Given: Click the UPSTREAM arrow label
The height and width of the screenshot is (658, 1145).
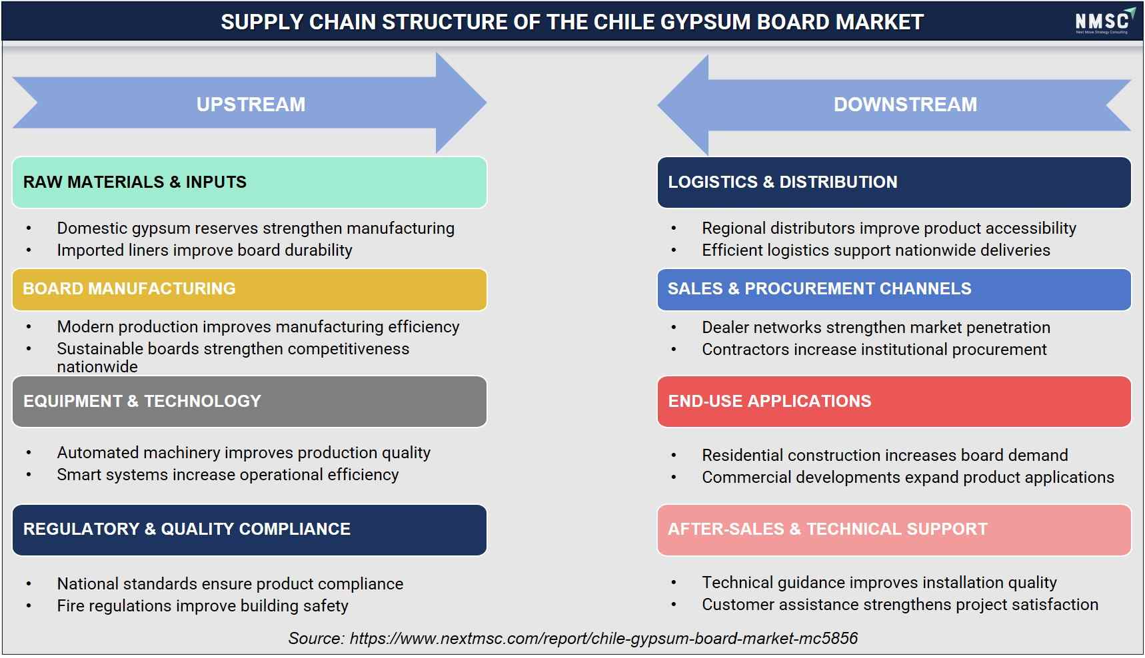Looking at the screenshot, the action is [251, 105].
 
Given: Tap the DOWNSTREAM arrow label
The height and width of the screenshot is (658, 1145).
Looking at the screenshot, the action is [905, 105].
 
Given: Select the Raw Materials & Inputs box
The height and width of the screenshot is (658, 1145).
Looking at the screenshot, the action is [249, 182].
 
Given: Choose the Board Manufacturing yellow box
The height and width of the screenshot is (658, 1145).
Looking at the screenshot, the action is [249, 289].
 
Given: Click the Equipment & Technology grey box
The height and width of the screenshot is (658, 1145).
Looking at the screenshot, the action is [249, 402].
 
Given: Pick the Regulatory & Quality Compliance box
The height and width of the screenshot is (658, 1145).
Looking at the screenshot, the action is [249, 529].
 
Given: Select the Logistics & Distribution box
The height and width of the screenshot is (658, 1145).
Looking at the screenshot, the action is [894, 182].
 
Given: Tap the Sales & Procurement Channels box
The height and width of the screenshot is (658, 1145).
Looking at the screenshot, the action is [894, 289].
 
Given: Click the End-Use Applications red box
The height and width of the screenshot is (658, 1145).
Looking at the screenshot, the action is [894, 402].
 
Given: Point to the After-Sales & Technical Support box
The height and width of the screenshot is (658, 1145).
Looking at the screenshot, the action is [894, 529].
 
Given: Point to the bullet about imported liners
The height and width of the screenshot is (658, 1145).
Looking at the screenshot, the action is [205, 250].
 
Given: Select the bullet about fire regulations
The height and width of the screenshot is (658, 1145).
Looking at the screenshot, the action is [203, 605].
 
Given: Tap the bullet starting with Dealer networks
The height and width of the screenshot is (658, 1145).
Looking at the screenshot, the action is [876, 328].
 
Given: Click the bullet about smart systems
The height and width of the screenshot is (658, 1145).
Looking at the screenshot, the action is [228, 475].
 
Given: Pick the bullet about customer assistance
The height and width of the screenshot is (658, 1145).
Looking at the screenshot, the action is [900, 605].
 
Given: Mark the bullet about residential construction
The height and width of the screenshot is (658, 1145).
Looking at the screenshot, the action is [884, 456].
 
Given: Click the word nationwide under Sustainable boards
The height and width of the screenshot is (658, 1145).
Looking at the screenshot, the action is [97, 367].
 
